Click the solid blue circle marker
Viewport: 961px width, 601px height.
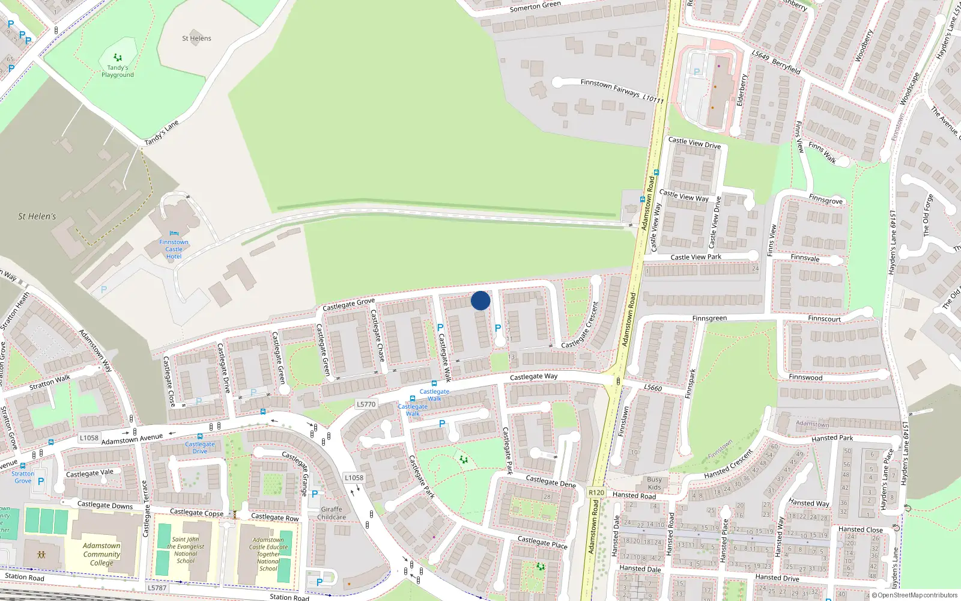(x=480, y=300)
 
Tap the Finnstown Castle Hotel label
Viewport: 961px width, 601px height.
(x=174, y=249)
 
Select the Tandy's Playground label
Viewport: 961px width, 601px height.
(x=118, y=71)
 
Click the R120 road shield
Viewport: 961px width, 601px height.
(x=596, y=492)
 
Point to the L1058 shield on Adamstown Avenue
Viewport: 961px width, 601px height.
(x=89, y=438)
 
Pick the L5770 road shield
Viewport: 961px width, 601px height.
(x=366, y=404)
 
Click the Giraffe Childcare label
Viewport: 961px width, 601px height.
(x=332, y=513)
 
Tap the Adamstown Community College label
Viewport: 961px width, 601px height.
(x=102, y=554)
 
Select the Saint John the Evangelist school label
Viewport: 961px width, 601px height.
(x=186, y=550)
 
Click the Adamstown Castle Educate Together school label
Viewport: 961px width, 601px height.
(x=268, y=554)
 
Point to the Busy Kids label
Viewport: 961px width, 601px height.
(x=654, y=483)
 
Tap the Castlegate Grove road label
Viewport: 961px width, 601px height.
(x=348, y=305)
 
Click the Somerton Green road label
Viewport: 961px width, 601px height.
(x=535, y=7)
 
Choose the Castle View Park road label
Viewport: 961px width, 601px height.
(x=696, y=257)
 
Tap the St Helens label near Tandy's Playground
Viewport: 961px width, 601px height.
(x=196, y=38)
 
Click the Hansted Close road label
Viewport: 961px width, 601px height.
(x=861, y=529)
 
